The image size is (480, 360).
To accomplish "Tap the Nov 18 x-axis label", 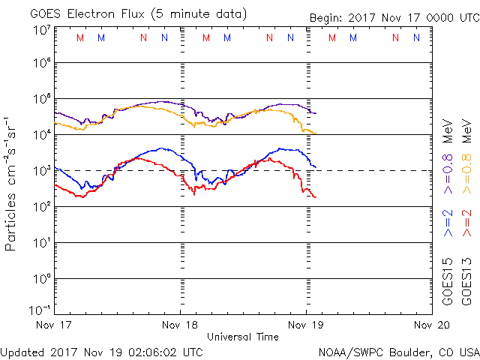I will tap(180, 325).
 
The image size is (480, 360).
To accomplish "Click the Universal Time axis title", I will tap(243, 337).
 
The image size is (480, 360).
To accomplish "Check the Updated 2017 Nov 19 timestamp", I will tap(101, 351).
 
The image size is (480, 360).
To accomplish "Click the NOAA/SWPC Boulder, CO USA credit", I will tap(398, 351).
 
